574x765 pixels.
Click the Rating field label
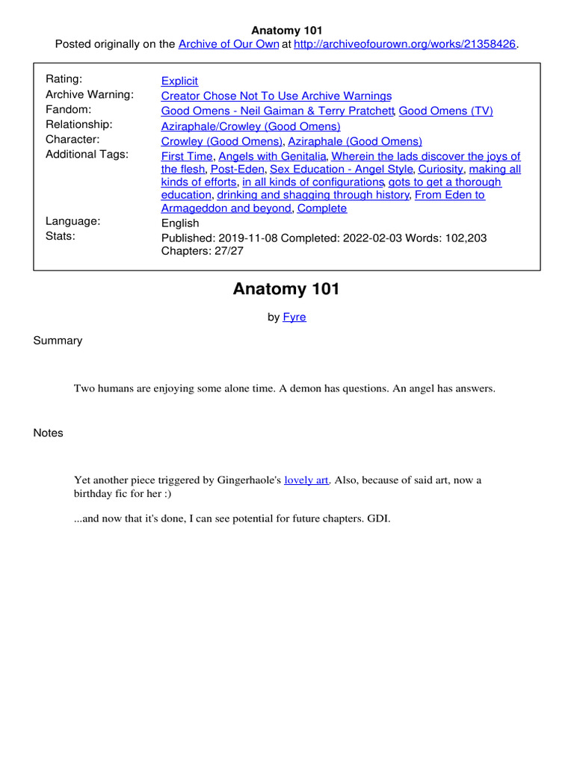click(x=64, y=79)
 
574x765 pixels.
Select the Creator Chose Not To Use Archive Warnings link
click(x=276, y=96)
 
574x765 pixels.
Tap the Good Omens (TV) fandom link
click(x=445, y=111)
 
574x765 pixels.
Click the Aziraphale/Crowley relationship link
click(x=250, y=126)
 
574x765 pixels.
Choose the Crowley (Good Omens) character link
click(x=222, y=141)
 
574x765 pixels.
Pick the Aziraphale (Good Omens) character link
click(x=355, y=141)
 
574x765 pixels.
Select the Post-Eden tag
click(x=237, y=169)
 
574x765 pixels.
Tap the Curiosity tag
click(x=441, y=169)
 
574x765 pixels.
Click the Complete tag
click(x=322, y=208)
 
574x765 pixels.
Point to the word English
click(x=180, y=223)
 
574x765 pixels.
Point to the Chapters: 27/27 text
click(x=202, y=251)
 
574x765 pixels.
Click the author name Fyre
click(x=294, y=317)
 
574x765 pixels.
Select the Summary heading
click(x=58, y=341)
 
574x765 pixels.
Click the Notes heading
click(x=48, y=433)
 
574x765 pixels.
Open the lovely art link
click(x=306, y=480)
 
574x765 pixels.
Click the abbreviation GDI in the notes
click(x=378, y=516)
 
